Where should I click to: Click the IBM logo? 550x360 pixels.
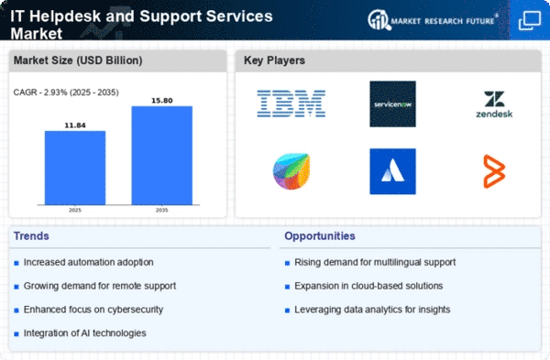pos(291,104)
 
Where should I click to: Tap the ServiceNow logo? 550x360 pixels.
pos(392,104)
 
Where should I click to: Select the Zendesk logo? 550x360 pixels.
pos(494,104)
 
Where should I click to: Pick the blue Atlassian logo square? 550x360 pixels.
pos(392,171)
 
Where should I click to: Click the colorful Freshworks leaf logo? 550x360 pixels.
pos(291,171)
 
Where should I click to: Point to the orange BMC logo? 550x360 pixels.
pos(494,171)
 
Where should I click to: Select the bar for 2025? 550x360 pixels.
pos(75,168)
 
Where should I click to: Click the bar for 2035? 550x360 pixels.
pos(161,156)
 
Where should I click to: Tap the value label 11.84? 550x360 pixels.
pos(75,125)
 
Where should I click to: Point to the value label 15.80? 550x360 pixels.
pos(161,101)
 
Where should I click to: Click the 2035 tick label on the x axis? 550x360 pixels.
pos(161,210)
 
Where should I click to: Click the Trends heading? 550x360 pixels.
pos(31,236)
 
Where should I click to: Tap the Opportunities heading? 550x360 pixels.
pos(320,236)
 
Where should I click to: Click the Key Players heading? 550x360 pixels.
pos(274,60)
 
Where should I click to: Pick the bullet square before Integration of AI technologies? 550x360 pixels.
pos(16,333)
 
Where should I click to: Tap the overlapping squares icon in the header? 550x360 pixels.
pos(530,21)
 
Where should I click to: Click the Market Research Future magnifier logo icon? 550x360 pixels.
pos(379,20)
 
